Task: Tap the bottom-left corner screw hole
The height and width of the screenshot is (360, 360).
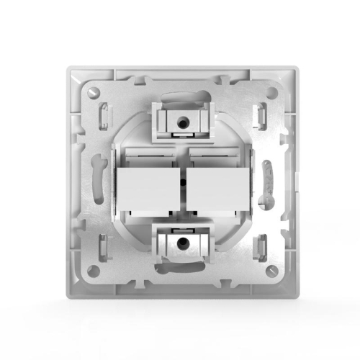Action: pos(91,270)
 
